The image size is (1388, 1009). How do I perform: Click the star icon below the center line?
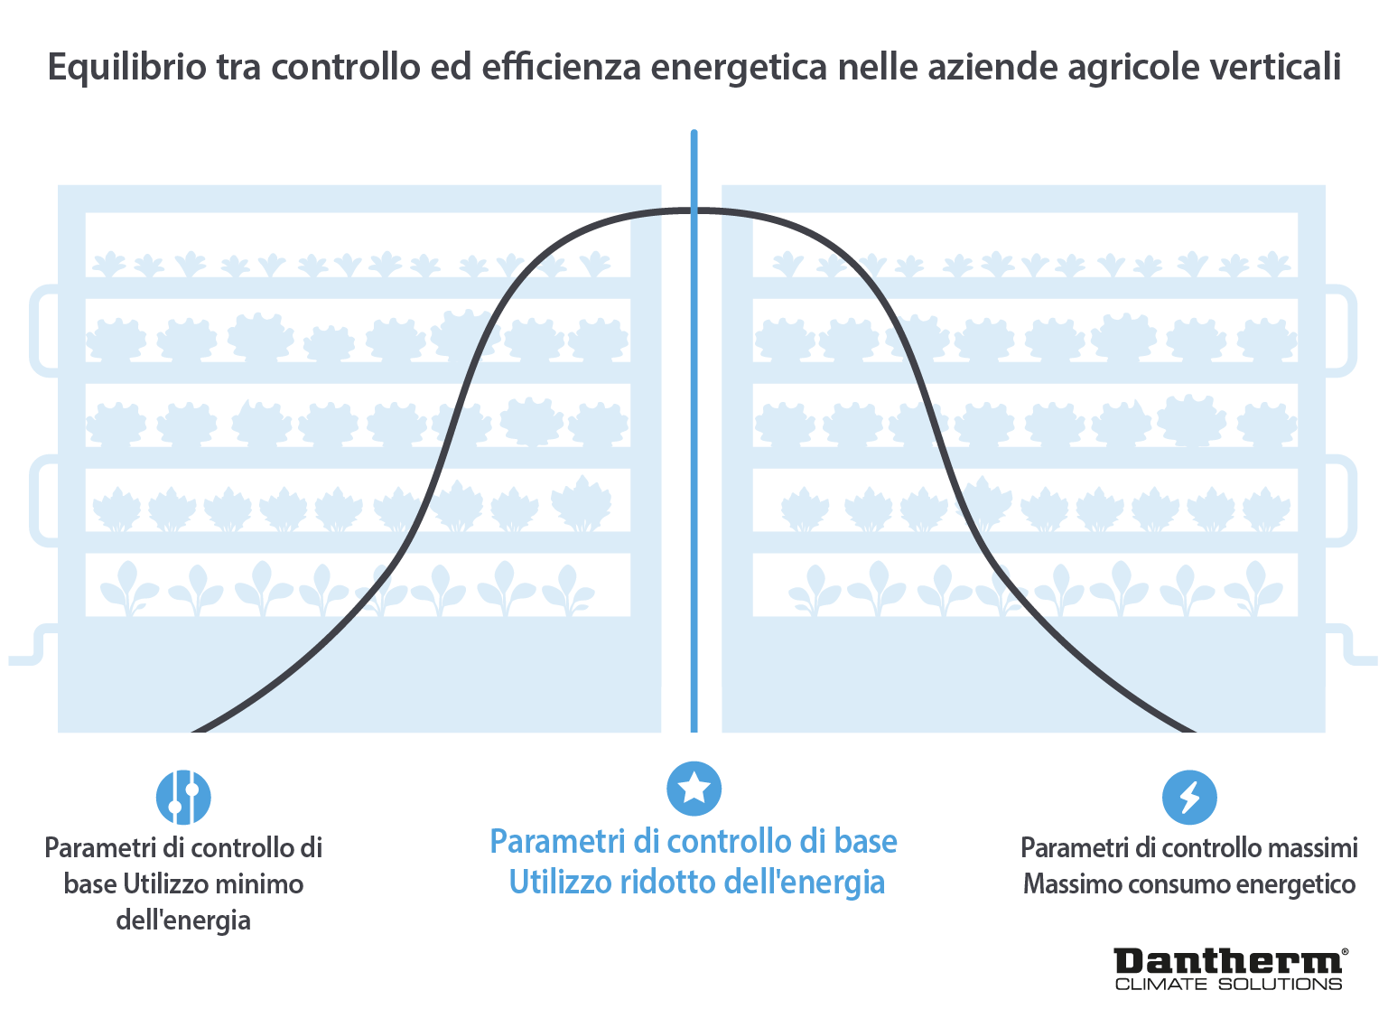694,789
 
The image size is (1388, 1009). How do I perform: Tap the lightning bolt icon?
1189,797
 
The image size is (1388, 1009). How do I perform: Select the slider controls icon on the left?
183,797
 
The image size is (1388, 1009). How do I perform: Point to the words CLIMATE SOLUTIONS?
1228,984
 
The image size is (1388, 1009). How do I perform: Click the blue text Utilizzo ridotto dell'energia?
696,882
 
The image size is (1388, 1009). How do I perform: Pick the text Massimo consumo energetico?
1188,883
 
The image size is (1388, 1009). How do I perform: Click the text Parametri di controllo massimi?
1188,847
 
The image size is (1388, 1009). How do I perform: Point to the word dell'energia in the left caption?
183,920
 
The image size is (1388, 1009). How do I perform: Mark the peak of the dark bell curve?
694,210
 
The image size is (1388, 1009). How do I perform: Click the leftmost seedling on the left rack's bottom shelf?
127,587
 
